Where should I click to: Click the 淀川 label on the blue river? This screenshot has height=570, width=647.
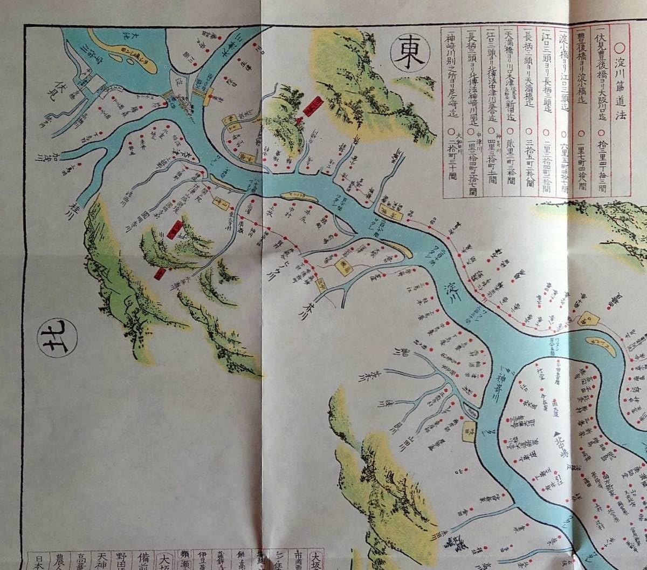point(456,292)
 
